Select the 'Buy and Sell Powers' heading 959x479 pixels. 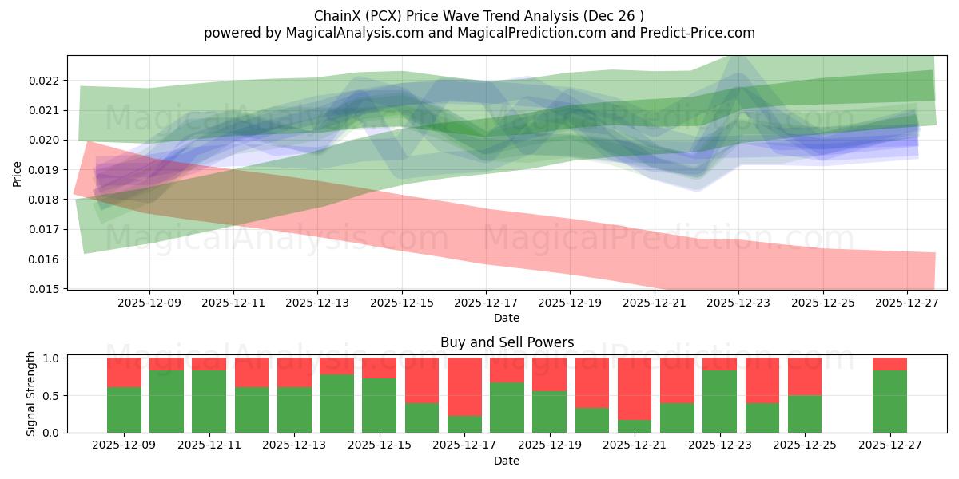pyautogui.click(x=507, y=342)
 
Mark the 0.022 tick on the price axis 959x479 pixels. pyautogui.click(x=44, y=81)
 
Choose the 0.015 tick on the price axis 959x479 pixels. pyautogui.click(x=44, y=289)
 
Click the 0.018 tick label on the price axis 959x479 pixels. pyautogui.click(x=44, y=200)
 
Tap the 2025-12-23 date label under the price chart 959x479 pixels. pyautogui.click(x=738, y=303)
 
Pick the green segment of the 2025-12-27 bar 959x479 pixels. pyautogui.click(x=889, y=402)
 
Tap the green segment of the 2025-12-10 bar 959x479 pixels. pyautogui.click(x=166, y=402)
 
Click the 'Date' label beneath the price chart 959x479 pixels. pyautogui.click(x=507, y=318)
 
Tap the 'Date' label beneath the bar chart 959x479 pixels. pyautogui.click(x=507, y=461)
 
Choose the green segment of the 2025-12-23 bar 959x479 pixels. pyautogui.click(x=719, y=402)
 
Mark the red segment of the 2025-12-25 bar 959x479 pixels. pyautogui.click(x=805, y=376)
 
